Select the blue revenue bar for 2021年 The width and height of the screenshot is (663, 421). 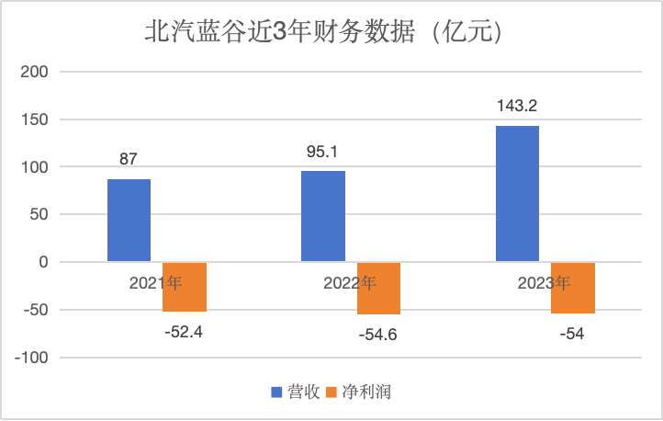pos(129,221)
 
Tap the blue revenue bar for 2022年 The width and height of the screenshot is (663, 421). pos(323,217)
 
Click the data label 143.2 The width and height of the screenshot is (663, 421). pos(517,107)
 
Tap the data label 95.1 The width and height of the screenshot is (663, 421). pos(323,152)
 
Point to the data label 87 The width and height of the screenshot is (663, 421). pos(129,159)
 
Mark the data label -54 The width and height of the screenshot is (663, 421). pos(571,334)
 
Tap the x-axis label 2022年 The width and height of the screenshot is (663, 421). pos(349,283)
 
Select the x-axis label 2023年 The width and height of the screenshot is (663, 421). pos(544,283)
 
